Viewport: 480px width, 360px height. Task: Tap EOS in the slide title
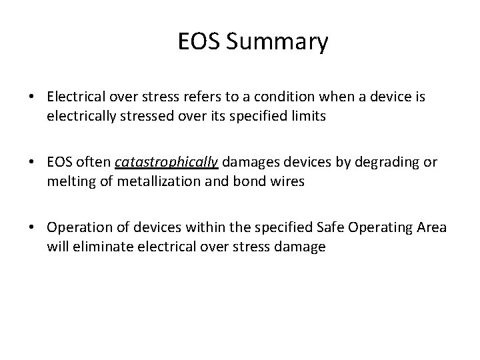200,43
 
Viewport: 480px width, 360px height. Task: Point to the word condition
284,97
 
